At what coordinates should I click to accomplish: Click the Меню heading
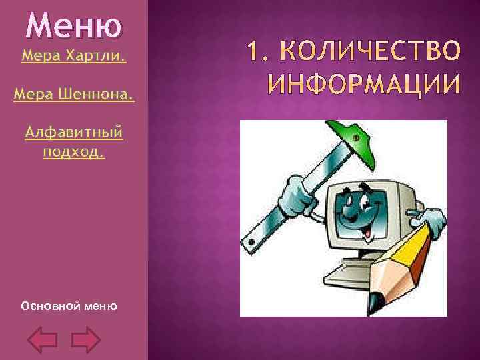pos(73,27)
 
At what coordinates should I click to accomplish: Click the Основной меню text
pos(69,306)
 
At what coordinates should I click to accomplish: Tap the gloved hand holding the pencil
pos(427,221)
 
